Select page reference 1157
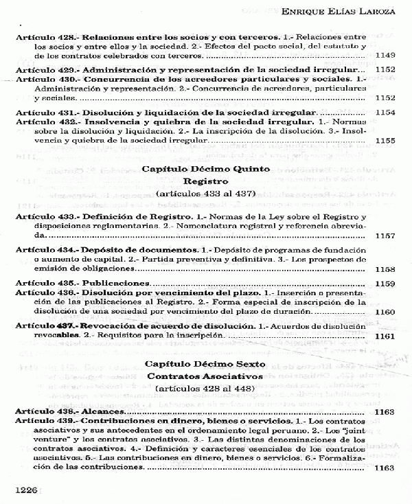[385, 236]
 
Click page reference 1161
[385, 336]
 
